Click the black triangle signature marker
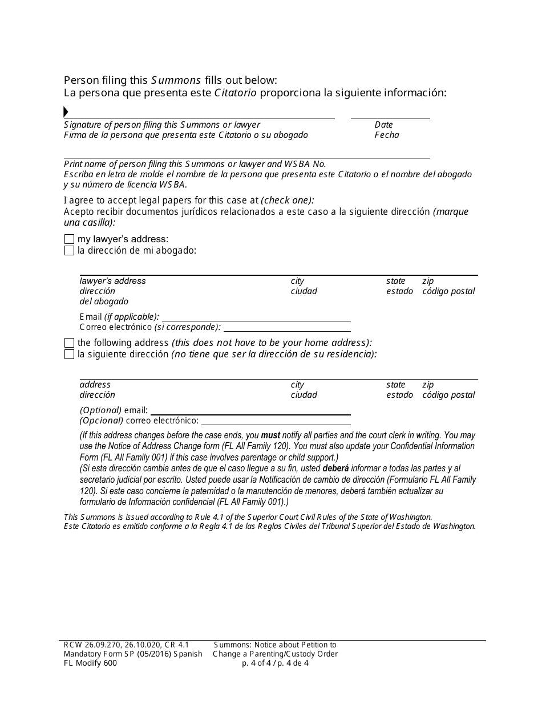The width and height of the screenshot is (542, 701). pos(66,112)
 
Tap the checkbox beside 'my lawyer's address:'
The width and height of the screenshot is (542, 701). pos(69,239)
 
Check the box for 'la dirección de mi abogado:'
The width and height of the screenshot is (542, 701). pos(69,251)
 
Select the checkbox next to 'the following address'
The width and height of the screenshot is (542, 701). pos(69,343)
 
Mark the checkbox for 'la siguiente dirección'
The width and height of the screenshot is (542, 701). pos(69,354)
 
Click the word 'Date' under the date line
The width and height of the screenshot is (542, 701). pos(383,125)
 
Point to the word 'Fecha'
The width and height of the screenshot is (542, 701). pos(387,135)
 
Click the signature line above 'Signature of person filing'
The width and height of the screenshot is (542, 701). pos(200,119)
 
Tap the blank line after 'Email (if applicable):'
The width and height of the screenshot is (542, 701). pos(256,321)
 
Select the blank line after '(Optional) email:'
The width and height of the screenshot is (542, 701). pos(250,414)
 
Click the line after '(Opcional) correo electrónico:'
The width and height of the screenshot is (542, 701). pos(276,425)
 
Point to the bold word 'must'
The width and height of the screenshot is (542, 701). pos(270,435)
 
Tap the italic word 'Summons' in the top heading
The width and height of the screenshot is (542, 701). pos(176,80)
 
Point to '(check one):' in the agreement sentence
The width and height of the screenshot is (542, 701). pos(288,201)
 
